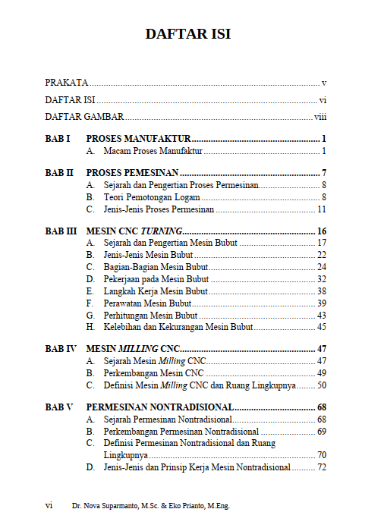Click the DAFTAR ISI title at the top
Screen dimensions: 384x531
pyautogui.click(x=188, y=34)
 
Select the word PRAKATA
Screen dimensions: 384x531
pyautogui.click(x=67, y=82)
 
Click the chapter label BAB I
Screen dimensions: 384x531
pyautogui.click(x=57, y=140)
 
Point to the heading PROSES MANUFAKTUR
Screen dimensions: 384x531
pyautogui.click(x=138, y=140)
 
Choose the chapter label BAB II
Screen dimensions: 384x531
pyautogui.click(x=58, y=173)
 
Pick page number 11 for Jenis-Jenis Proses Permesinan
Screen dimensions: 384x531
pyautogui.click(x=322, y=209)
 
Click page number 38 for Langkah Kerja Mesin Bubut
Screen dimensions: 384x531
pyautogui.click(x=322, y=291)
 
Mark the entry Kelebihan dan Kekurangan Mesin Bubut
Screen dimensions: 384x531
pyautogui.click(x=178, y=328)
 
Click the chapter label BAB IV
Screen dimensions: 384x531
pyautogui.click(x=60, y=349)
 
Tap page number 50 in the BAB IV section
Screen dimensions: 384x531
pyautogui.click(x=322, y=385)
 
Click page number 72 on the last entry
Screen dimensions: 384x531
pyautogui.click(x=322, y=467)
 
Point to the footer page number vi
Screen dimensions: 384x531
pyautogui.click(x=49, y=504)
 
